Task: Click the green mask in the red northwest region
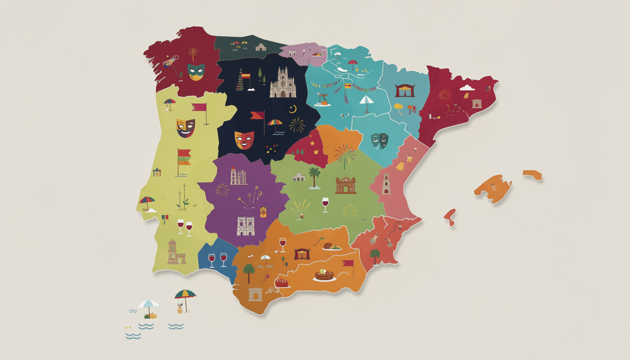click(195, 72)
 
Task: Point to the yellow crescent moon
click(293, 109)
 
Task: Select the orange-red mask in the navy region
click(244, 140)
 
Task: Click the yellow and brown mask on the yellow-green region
click(186, 127)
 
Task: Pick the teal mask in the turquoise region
click(379, 141)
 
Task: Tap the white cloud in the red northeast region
click(467, 88)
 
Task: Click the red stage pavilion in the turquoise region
click(405, 90)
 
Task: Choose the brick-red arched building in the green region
click(345, 185)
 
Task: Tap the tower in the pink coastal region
click(386, 183)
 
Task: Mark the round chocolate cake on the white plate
click(324, 275)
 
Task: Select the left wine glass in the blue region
click(211, 260)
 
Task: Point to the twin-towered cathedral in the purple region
click(246, 226)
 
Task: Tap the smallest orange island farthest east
click(532, 175)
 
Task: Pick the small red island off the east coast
click(450, 217)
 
